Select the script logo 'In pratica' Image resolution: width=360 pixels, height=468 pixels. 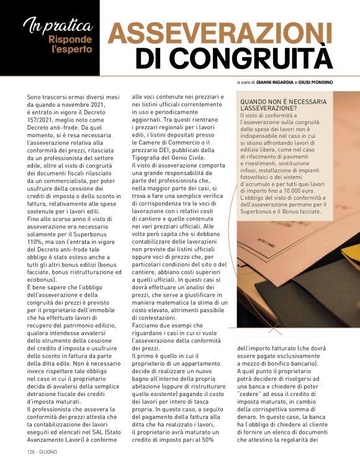pos(58,26)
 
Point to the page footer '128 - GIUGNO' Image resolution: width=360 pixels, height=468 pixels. pos(42,452)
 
